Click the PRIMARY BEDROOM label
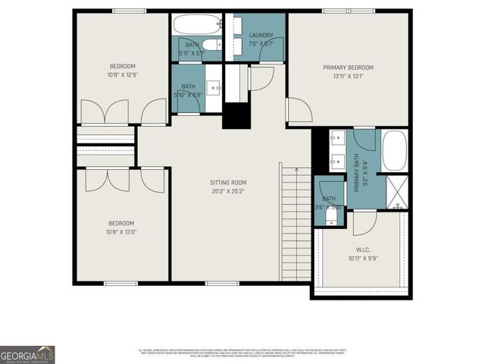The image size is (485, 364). point(349,67)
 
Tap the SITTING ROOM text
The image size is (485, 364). point(228,183)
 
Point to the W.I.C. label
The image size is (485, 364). point(361,249)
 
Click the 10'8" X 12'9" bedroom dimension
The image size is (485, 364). point(122,75)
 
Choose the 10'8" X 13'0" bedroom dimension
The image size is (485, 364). point(121,232)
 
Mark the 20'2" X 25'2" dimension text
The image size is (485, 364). point(228,192)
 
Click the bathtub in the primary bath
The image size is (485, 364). point(394,151)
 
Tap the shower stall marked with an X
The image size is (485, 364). point(397,191)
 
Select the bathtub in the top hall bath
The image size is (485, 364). point(196,24)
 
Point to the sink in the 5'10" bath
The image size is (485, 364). point(214,87)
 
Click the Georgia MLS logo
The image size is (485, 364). point(27,354)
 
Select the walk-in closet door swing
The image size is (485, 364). point(365,222)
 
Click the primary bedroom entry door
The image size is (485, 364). point(298,111)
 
